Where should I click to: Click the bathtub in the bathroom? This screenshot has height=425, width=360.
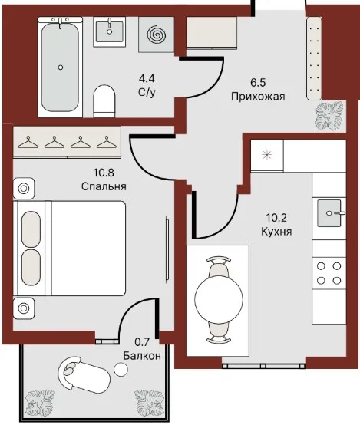click(x=60, y=68)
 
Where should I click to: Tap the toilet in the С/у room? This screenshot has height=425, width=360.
click(x=104, y=101)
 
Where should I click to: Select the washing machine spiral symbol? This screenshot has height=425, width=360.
click(x=157, y=35)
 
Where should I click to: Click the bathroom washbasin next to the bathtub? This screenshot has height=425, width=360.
click(x=109, y=31)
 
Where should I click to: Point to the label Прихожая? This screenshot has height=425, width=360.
click(x=258, y=97)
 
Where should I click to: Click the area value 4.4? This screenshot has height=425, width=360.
click(x=147, y=78)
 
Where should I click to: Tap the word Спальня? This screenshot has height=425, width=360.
click(x=104, y=186)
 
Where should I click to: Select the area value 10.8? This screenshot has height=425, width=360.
click(x=104, y=173)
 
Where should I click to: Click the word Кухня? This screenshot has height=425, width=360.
click(x=276, y=232)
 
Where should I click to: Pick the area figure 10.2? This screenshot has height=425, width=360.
click(x=276, y=217)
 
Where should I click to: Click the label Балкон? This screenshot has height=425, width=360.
click(x=142, y=356)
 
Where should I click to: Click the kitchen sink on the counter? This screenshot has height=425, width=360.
click(x=329, y=213)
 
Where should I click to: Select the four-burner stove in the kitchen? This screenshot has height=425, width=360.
click(x=329, y=273)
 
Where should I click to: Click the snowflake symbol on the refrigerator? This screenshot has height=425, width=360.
click(x=267, y=155)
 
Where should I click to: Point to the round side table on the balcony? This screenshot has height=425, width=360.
click(x=121, y=370)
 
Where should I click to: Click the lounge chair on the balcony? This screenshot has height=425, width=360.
click(x=84, y=375)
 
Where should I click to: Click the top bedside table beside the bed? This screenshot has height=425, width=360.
click(x=24, y=189)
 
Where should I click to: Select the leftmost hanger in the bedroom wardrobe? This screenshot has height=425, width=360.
click(x=28, y=142)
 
